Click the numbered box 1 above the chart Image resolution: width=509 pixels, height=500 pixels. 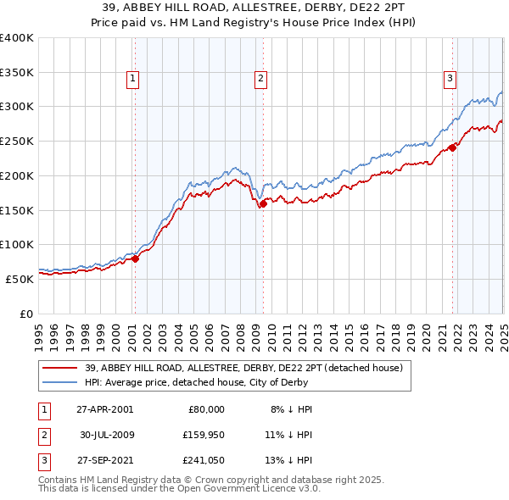[134, 79]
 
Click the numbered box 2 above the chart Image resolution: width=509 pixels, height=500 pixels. [260, 79]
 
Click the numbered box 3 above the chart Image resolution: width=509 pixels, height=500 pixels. [450, 79]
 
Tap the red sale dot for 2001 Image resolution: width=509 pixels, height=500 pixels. [136, 259]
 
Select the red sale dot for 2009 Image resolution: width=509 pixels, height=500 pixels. [264, 203]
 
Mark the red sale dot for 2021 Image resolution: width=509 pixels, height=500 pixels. [453, 147]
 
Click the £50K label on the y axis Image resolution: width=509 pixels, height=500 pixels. [20, 278]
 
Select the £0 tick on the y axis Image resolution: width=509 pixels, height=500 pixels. [26, 313]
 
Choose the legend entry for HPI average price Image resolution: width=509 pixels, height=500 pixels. [221, 382]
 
